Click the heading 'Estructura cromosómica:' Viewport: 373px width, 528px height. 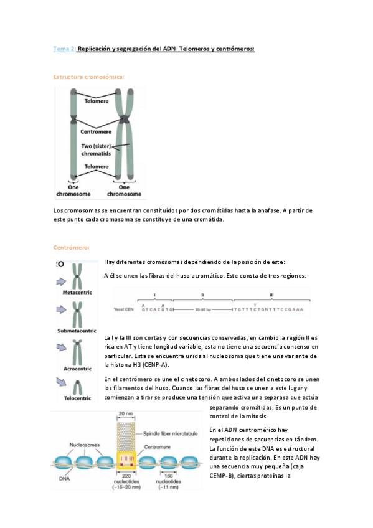click(89, 77)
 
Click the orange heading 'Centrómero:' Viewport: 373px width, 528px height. click(72, 247)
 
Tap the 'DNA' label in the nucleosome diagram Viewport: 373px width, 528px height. click(65, 479)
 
